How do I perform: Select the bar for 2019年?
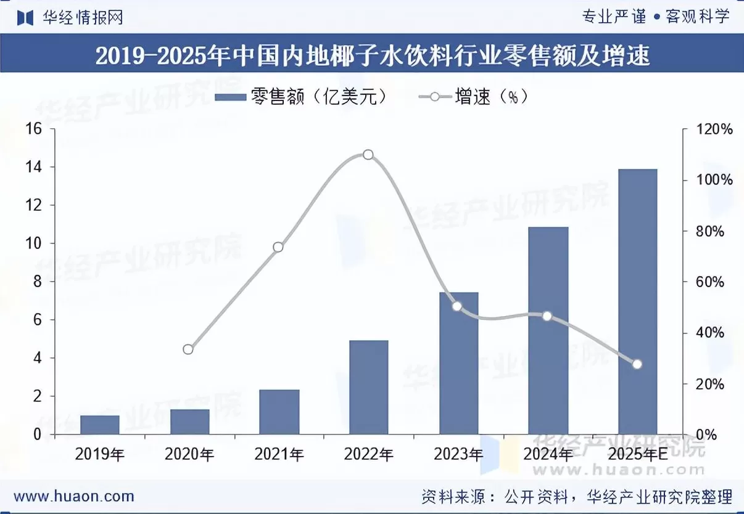(x=99, y=425)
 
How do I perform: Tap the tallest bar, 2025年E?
(x=638, y=301)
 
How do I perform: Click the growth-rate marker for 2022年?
(x=368, y=155)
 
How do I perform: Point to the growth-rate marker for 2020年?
(x=188, y=349)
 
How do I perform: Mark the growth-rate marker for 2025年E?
(x=637, y=364)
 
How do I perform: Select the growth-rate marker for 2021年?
(x=278, y=247)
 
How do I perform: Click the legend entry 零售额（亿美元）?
(x=302, y=97)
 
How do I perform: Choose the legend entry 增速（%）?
(x=474, y=97)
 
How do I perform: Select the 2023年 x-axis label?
(x=458, y=455)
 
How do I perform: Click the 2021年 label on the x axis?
(x=279, y=455)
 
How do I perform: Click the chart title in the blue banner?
(x=372, y=56)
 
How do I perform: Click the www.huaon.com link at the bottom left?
(x=74, y=496)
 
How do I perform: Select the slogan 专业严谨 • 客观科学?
(x=656, y=17)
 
